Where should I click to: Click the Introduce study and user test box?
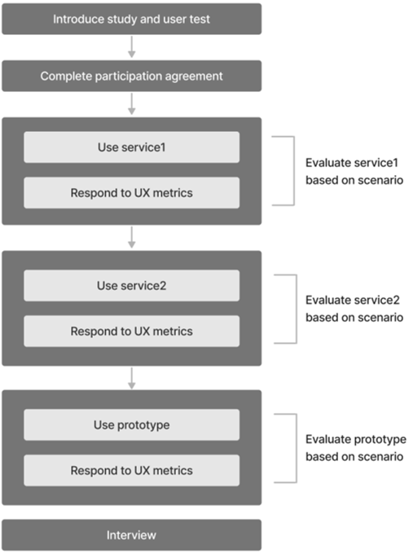pos(132,19)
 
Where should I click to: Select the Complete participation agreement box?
pos(132,76)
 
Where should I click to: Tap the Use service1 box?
pos(132,147)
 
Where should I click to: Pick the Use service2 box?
pos(132,285)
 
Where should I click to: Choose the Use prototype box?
pos(132,424)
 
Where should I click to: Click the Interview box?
pos(132,535)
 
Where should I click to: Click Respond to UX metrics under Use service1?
pos(132,192)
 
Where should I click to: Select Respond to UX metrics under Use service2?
pos(132,331)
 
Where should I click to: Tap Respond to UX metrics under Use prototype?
pos(132,470)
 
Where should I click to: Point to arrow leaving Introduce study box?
pos(132,47)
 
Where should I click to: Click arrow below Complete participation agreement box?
pos(132,103)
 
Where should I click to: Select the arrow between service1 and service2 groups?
pos(132,237)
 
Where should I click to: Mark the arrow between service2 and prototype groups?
pos(132,378)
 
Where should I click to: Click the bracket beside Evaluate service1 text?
pos(294,171)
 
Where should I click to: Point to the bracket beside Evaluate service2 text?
pos(297,309)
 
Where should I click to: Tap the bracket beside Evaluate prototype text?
pos(297,448)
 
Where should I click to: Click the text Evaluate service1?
pos(352,163)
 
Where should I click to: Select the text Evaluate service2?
pos(353,301)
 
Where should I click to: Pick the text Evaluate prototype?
pos(356,440)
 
